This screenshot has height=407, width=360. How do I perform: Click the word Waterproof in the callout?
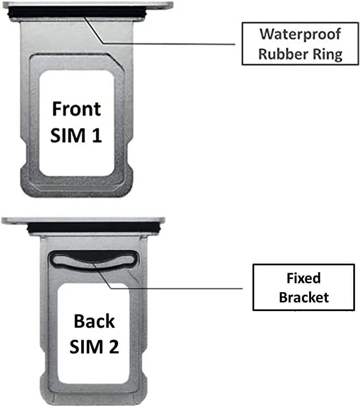pos(300,34)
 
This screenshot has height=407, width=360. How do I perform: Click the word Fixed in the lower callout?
pos(303,278)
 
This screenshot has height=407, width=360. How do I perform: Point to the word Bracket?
pos(303,297)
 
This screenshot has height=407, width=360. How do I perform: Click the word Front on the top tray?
pos(76,109)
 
